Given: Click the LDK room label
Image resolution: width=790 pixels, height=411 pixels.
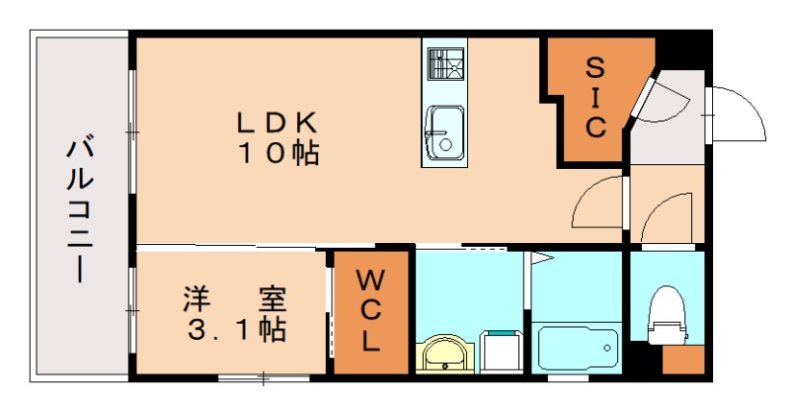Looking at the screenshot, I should pyautogui.click(x=276, y=122).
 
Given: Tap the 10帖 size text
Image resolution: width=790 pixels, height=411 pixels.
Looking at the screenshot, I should pyautogui.click(x=276, y=153).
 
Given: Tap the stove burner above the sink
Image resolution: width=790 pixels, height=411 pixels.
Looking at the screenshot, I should pyautogui.click(x=444, y=61).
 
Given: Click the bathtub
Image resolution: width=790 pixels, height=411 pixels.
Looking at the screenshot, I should pyautogui.click(x=578, y=346).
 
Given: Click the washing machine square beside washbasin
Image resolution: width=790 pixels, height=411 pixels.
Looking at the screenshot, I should pyautogui.click(x=500, y=352).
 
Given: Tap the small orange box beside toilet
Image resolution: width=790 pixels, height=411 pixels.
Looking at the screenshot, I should pyautogui.click(x=682, y=358).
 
